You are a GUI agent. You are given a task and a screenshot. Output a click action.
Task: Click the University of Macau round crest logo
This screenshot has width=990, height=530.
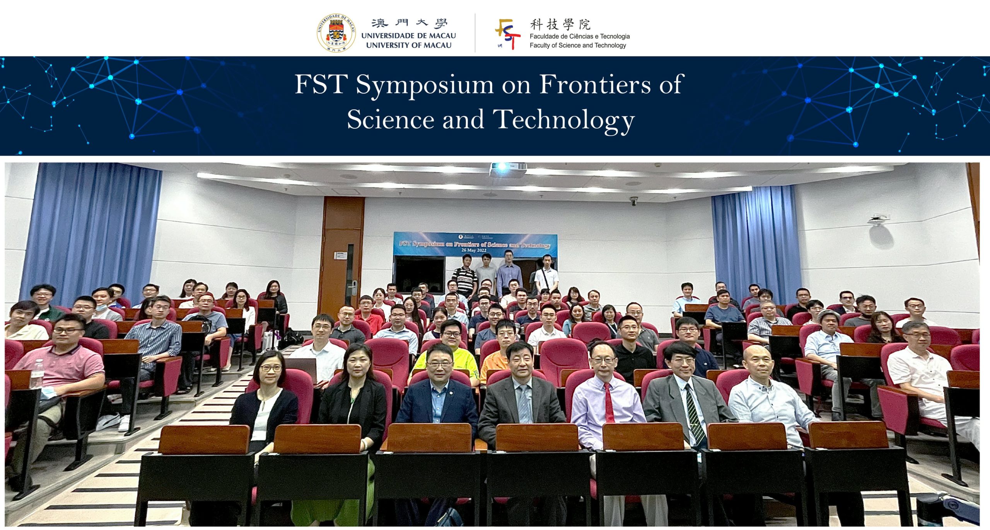click(336, 33)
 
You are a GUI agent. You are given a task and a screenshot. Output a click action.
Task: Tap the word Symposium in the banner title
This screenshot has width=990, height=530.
click(424, 85)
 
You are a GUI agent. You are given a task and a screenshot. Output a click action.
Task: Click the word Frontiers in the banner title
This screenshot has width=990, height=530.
click(595, 84)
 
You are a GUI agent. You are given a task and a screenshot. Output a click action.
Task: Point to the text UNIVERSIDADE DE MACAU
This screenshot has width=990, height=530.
click(408, 36)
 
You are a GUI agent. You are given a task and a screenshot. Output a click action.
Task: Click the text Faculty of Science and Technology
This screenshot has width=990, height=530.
click(577, 46)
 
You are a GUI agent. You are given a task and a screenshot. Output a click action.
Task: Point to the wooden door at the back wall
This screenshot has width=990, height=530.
click(343, 251)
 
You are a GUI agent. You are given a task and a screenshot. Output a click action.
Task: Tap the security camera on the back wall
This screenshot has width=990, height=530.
click(633, 201)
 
